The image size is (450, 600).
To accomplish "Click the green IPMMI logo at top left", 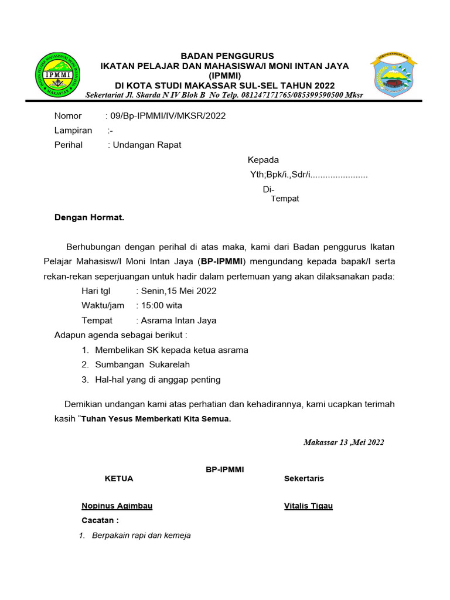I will pyautogui.click(x=59, y=75).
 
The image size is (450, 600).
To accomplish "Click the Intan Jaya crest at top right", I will pyautogui.click(x=393, y=75).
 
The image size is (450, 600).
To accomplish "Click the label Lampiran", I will pyautogui.click(x=73, y=131).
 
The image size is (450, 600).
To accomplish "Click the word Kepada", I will pyautogui.click(x=263, y=160).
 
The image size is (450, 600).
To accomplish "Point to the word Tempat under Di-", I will pyautogui.click(x=285, y=199).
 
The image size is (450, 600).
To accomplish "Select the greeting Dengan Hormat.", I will pyautogui.click(x=89, y=217).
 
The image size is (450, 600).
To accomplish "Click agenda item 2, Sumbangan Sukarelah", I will pyautogui.click(x=142, y=364).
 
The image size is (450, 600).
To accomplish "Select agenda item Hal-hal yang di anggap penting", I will pyautogui.click(x=158, y=380).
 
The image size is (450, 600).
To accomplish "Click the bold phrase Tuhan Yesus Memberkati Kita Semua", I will pyautogui.click(x=156, y=420).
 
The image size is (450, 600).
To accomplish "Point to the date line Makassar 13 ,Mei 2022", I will pyautogui.click(x=344, y=442).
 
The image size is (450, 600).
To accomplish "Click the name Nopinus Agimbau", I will pyautogui.click(x=117, y=506).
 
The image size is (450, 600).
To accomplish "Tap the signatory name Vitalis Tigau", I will pyautogui.click(x=308, y=506).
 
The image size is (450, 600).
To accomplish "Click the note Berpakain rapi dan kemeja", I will pyautogui.click(x=141, y=535).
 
